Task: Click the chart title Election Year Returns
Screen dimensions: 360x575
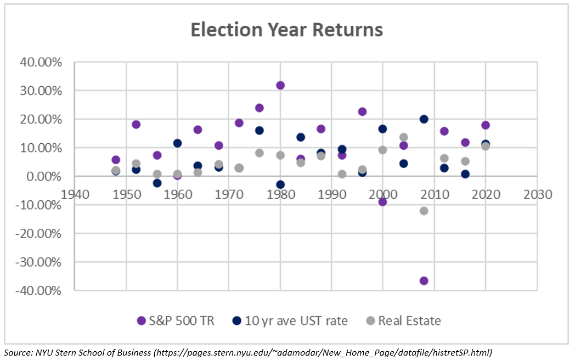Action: pos(286,30)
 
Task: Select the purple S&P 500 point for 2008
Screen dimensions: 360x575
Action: pos(424,280)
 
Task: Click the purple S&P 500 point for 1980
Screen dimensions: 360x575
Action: pos(280,85)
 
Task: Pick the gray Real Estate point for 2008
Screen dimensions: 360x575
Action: pos(424,211)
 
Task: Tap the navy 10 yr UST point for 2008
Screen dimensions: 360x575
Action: pos(424,119)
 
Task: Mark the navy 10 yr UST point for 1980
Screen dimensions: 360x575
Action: pos(280,184)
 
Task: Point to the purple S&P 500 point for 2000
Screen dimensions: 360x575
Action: pos(382,201)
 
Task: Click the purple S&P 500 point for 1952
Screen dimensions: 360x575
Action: pos(136,124)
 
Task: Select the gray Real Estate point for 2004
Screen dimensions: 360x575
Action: pos(403,137)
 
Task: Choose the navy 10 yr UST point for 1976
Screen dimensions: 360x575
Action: pos(260,131)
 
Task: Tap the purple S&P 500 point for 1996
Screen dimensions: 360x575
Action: pos(362,111)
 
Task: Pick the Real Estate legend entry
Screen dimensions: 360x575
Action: pos(409,320)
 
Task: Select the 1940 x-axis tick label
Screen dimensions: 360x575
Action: pos(75,194)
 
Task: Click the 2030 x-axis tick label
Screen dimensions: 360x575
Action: pos(537,194)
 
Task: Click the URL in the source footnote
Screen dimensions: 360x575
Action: pos(323,352)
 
